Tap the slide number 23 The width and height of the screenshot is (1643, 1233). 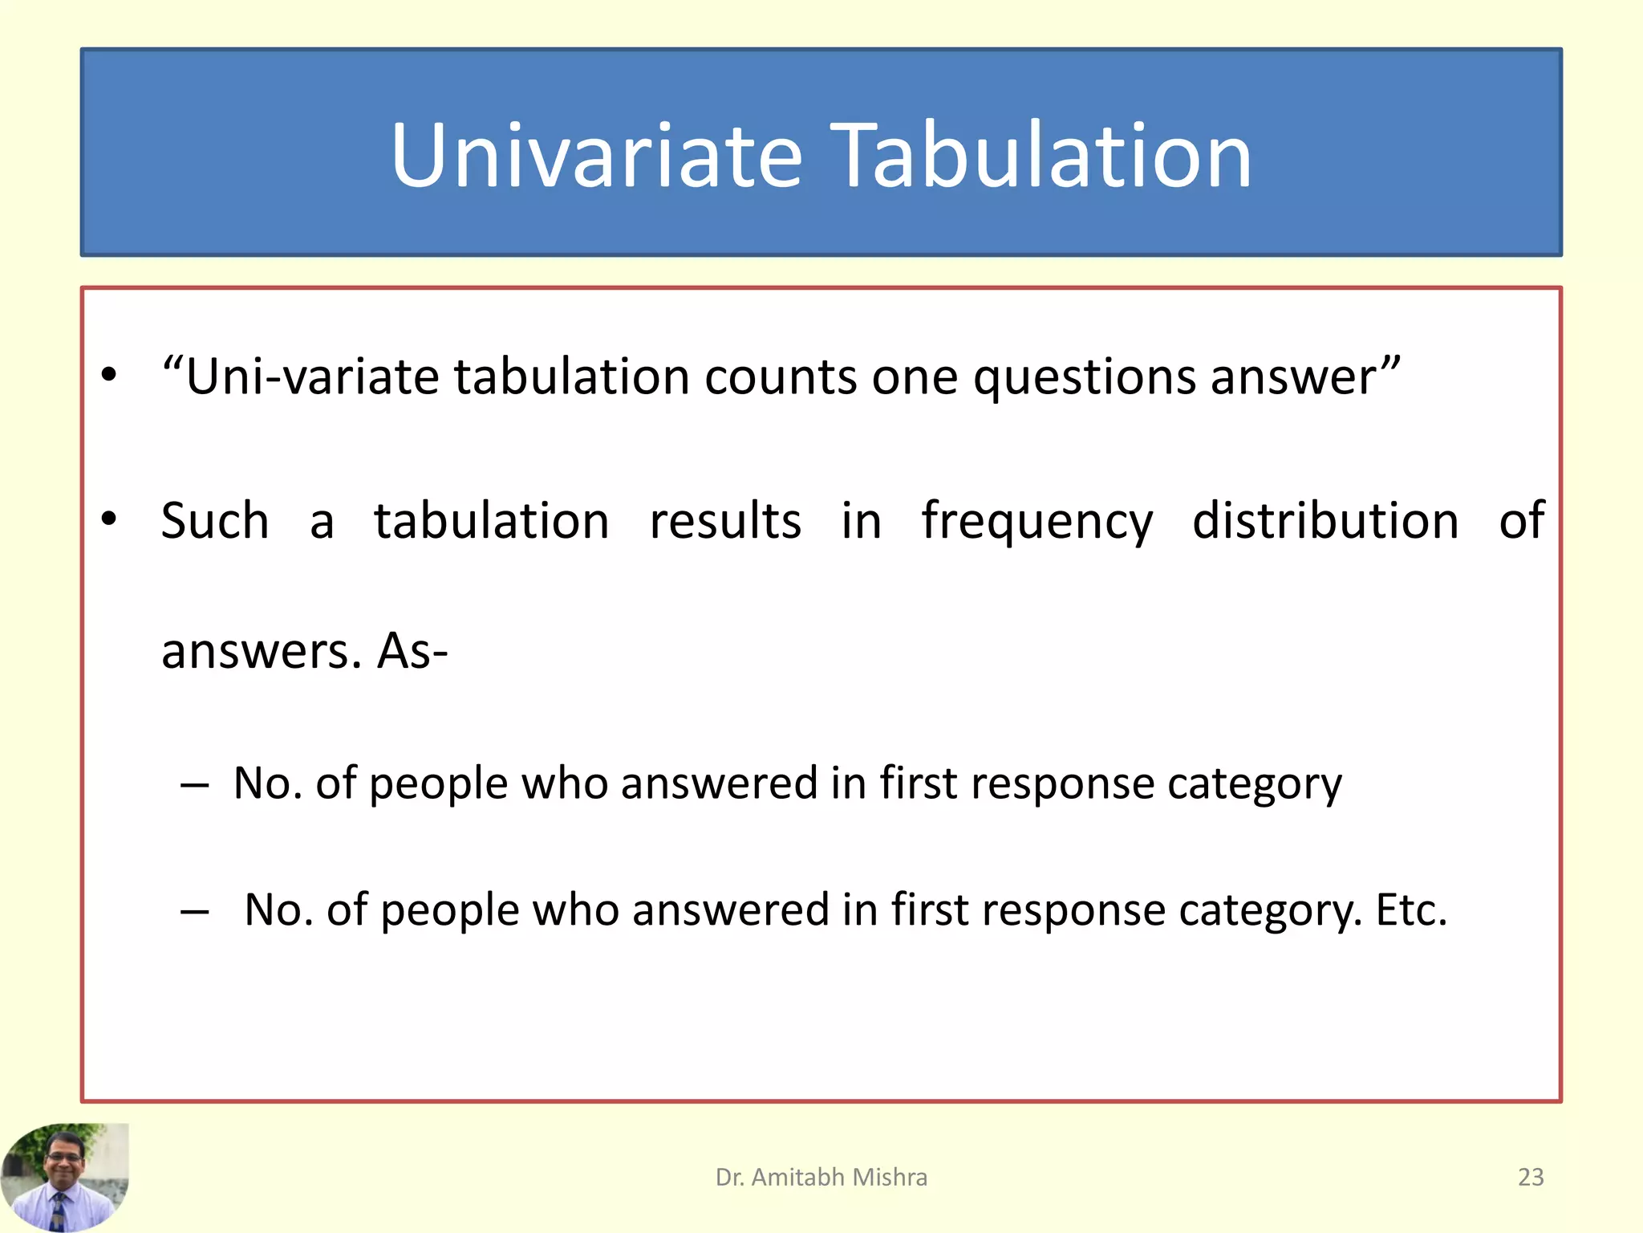click(x=1531, y=1177)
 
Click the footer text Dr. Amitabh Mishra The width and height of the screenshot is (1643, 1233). click(x=821, y=1177)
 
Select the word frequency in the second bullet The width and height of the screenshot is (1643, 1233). click(x=1037, y=522)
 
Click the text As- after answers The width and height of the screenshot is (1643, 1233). click(x=412, y=650)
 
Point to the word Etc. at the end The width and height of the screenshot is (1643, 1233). click(x=1411, y=909)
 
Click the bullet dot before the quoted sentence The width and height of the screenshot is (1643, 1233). click(x=109, y=375)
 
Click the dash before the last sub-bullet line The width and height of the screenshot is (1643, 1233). click(x=195, y=911)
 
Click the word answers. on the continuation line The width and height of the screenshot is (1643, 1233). click(x=262, y=652)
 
